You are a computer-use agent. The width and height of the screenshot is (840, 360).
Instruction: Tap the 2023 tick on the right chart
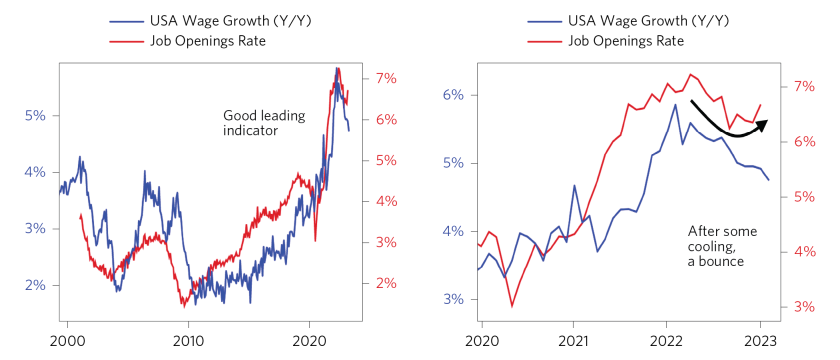(759, 341)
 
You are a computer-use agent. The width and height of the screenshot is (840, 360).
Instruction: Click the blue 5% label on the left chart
(36, 115)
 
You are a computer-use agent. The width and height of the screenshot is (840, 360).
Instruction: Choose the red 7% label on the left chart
(387, 78)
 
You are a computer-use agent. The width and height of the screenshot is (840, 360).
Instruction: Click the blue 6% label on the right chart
(453, 95)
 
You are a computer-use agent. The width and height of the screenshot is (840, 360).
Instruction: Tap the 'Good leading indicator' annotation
(249, 122)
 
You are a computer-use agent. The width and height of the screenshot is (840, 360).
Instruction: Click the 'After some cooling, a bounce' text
(721, 245)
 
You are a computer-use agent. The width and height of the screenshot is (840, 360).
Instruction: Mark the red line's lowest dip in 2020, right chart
(512, 306)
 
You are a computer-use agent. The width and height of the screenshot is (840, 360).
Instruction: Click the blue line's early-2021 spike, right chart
(574, 185)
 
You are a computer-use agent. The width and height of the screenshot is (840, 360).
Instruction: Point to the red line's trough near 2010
(184, 304)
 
